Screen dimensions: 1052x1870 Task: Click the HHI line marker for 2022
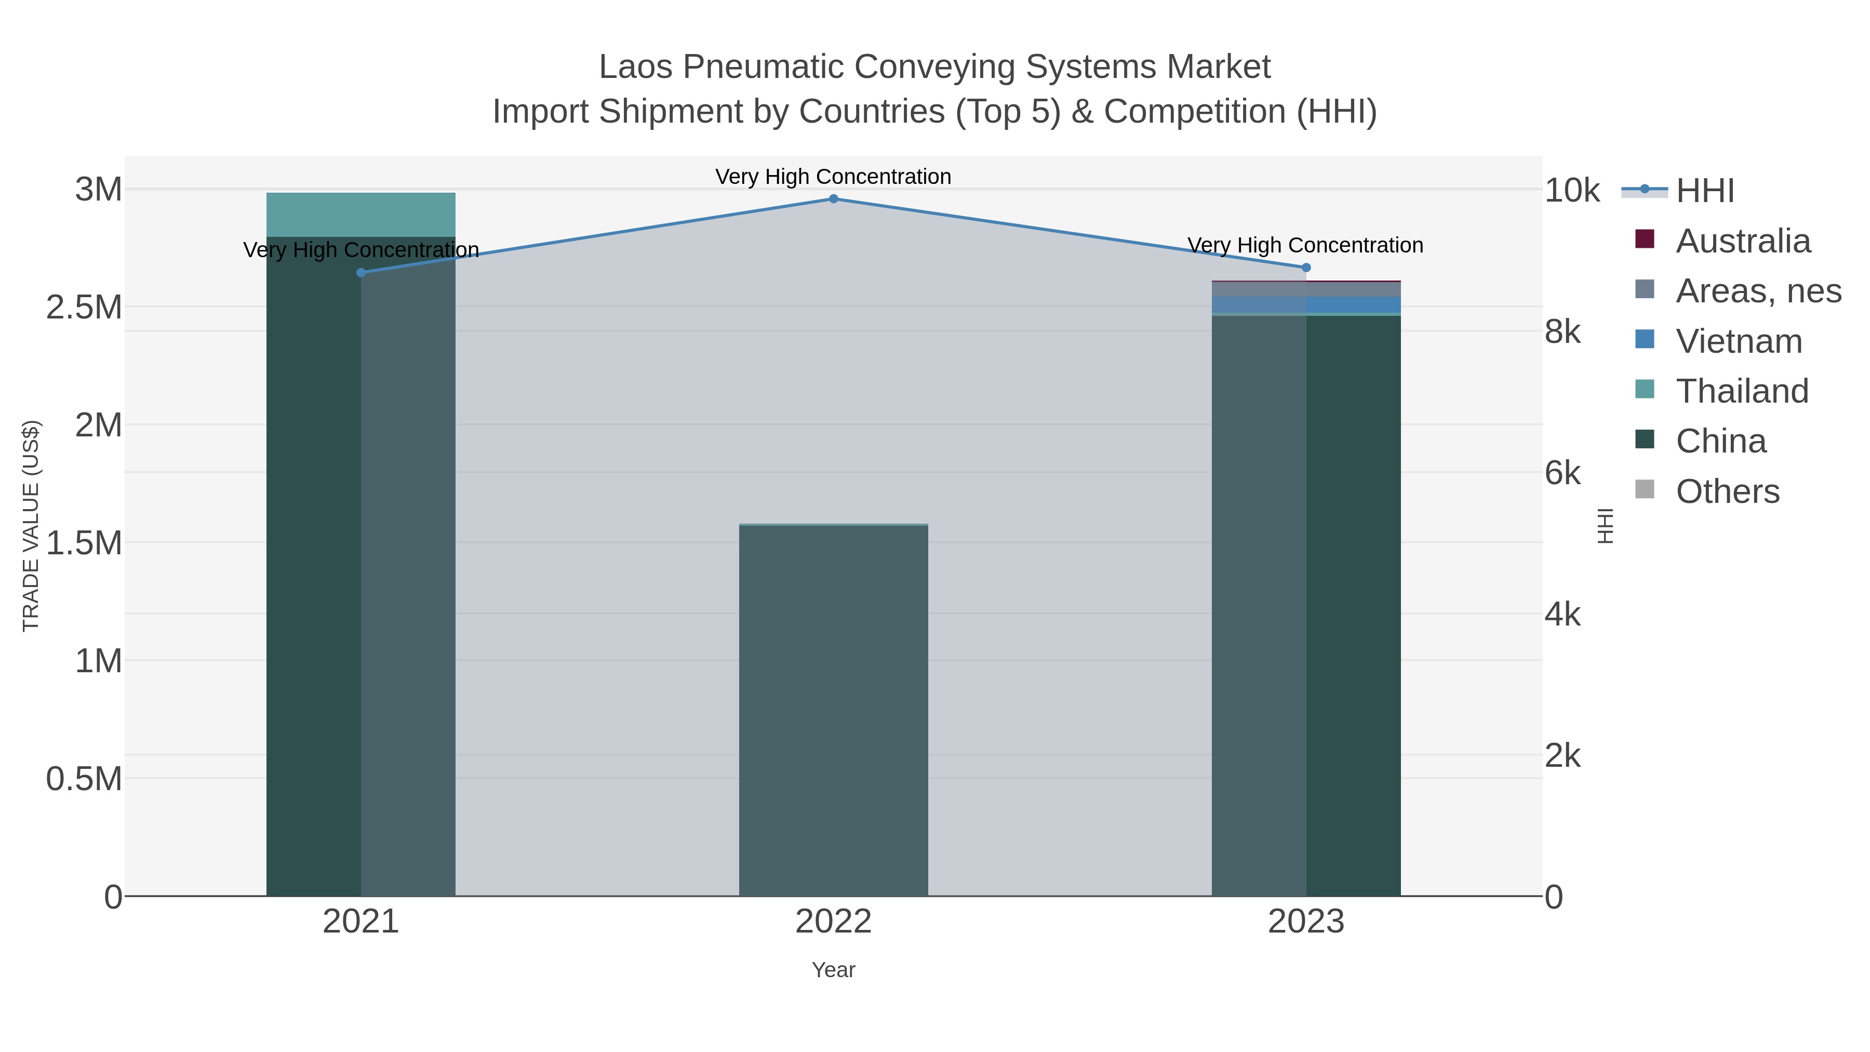pyautogui.click(x=833, y=199)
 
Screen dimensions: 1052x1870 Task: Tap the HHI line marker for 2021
pyautogui.click(x=361, y=272)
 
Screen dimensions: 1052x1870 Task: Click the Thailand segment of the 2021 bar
pyautogui.click(x=361, y=215)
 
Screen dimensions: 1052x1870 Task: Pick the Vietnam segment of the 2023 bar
pyautogui.click(x=1306, y=304)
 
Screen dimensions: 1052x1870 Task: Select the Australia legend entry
pyautogui.click(x=1742, y=241)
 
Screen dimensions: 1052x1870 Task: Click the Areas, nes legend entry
pyautogui.click(x=1757, y=291)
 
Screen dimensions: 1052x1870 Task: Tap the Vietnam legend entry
pyautogui.click(x=1739, y=341)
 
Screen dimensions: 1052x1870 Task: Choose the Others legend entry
pyautogui.click(x=1727, y=491)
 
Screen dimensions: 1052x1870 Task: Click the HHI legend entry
pyautogui.click(x=1704, y=191)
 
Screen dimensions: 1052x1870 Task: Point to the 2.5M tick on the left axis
pyautogui.click(x=84, y=307)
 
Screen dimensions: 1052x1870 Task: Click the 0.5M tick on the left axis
pyautogui.click(x=84, y=779)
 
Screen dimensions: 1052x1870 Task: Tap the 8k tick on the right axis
pyautogui.click(x=1564, y=332)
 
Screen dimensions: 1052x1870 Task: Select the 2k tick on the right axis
pyautogui.click(x=1564, y=756)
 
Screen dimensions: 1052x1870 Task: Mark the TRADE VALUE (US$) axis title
pyautogui.click(x=31, y=526)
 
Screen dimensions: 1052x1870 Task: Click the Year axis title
pyautogui.click(x=833, y=970)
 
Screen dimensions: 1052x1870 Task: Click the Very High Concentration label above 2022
pyautogui.click(x=833, y=177)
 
